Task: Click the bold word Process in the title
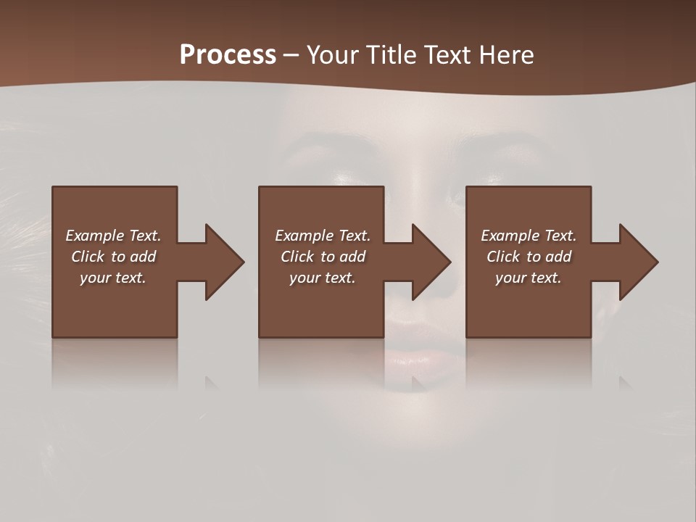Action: coord(228,55)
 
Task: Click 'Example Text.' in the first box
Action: coord(113,236)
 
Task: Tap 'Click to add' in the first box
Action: coord(113,257)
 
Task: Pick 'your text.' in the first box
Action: coord(113,278)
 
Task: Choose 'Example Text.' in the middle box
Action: coord(323,236)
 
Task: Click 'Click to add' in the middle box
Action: coord(323,257)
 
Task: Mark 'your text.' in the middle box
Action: coord(323,278)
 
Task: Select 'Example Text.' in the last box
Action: coord(529,236)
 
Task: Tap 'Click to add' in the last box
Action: coord(529,257)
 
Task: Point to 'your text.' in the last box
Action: coord(529,278)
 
